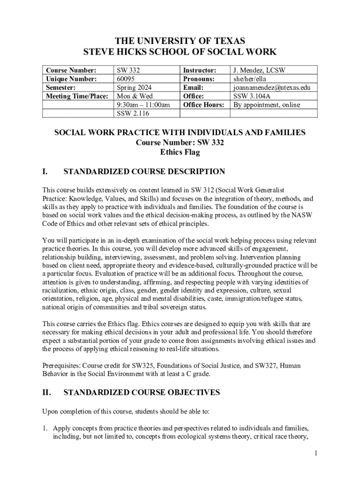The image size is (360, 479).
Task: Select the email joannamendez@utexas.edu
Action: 271,87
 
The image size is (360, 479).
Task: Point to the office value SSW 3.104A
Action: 252,96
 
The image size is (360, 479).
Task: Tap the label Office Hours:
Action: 203,105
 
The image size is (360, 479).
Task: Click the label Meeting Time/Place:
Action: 77,96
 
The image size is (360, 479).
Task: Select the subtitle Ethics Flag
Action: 180,152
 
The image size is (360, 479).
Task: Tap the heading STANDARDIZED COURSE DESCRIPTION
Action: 144,172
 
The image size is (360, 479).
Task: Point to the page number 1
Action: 316,453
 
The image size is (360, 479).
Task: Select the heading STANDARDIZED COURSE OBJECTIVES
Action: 141,393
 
